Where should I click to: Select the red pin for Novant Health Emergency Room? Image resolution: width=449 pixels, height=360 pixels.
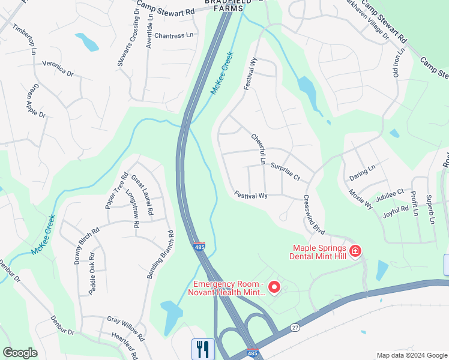274,288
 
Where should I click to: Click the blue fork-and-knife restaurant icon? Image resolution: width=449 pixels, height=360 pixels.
203,349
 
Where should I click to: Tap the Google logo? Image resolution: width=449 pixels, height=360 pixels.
20,353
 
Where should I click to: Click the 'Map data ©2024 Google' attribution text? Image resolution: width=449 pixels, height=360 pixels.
411,355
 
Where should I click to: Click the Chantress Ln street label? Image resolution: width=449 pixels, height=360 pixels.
174,35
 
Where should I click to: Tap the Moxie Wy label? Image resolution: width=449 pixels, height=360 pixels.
361,199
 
